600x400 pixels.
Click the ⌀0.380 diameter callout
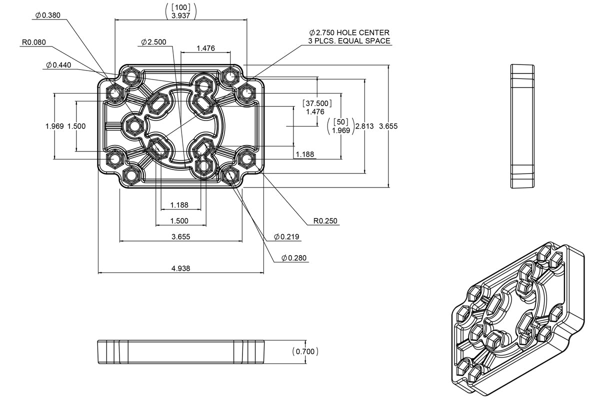(x=47, y=15)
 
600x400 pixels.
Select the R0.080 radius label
(x=33, y=42)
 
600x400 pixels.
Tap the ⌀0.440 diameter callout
(x=59, y=65)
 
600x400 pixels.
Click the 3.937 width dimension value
(x=180, y=15)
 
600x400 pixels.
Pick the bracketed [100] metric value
(x=180, y=6)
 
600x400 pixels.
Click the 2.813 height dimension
(x=364, y=126)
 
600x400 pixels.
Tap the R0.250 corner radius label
(x=325, y=220)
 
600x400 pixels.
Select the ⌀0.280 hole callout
(x=294, y=258)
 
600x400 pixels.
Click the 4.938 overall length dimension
(x=180, y=268)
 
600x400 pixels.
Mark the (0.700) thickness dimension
(x=305, y=351)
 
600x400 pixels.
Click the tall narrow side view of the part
(x=522, y=126)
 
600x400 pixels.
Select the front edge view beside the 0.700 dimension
(x=180, y=351)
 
